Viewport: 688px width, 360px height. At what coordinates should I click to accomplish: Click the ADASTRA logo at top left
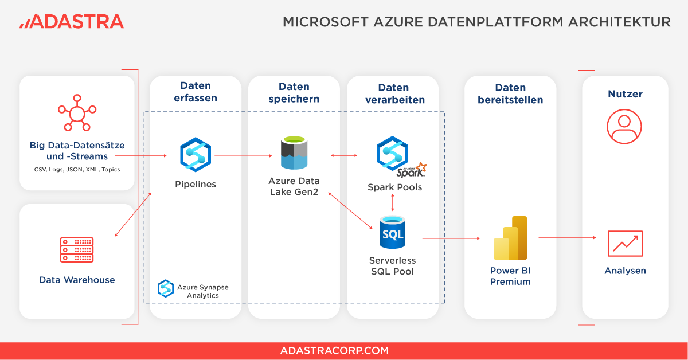click(x=72, y=22)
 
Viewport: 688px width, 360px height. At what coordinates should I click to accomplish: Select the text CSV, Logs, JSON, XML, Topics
click(x=77, y=170)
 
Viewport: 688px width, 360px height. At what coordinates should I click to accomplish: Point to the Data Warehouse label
click(x=77, y=280)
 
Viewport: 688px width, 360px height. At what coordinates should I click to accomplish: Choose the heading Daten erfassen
click(x=196, y=92)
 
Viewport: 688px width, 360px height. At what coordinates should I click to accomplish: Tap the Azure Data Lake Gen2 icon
click(x=294, y=154)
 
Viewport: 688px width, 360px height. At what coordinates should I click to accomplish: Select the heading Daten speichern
click(x=294, y=92)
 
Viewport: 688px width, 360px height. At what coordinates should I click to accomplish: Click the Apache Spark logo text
click(x=412, y=170)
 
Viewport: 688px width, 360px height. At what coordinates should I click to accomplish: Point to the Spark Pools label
click(x=394, y=187)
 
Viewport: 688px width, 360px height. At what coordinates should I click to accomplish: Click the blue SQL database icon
click(x=393, y=232)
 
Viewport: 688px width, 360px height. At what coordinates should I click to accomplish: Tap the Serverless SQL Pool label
click(x=393, y=265)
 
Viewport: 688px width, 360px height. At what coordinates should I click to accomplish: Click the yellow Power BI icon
click(x=510, y=238)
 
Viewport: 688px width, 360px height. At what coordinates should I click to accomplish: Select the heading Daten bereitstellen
click(x=510, y=93)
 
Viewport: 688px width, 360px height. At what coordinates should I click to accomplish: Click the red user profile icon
click(x=625, y=127)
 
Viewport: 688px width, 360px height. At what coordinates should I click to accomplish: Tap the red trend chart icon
click(x=625, y=244)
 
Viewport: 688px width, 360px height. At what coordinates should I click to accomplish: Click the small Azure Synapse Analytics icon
click(x=166, y=288)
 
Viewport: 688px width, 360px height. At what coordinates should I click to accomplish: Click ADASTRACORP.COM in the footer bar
click(x=334, y=351)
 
